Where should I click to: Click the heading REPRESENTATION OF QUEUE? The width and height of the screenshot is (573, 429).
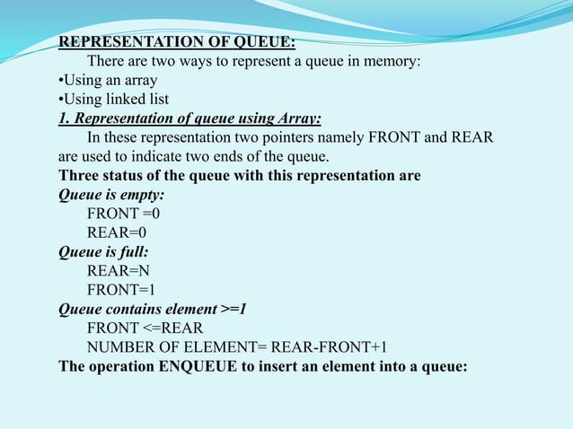(177, 42)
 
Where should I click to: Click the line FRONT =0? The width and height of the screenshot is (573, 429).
(123, 214)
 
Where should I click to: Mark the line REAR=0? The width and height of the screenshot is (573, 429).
(118, 232)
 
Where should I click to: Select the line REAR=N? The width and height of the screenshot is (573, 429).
(119, 270)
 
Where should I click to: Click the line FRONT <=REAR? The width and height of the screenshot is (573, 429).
(145, 328)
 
